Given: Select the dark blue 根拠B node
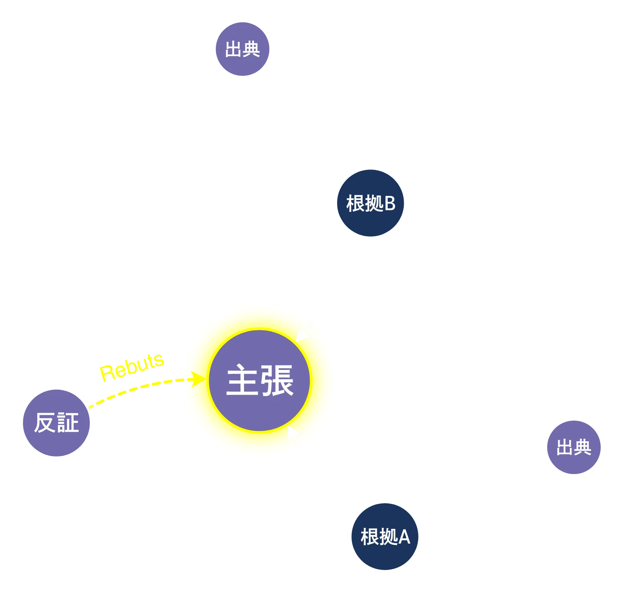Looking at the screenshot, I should pos(370,203).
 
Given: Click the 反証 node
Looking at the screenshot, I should pos(56,423).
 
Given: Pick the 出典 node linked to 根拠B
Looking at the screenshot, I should pos(243,49).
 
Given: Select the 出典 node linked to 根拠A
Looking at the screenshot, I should pos(574,447).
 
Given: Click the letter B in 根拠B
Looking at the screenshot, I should pos(390,204).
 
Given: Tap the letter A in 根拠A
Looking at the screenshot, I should pos(404,537).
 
